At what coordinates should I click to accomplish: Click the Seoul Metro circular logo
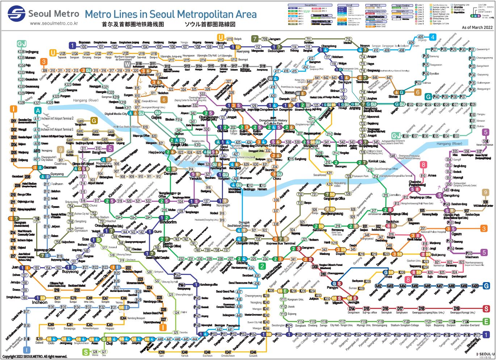(x=17, y=14)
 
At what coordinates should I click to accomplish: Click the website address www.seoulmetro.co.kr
(x=54, y=23)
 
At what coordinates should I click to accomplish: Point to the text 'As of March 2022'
(x=477, y=28)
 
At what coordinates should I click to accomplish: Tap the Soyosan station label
(x=84, y=42)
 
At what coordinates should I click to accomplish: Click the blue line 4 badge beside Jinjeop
(x=432, y=37)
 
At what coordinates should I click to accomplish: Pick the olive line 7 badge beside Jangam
(x=255, y=39)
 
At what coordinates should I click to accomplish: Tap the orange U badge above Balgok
(x=220, y=37)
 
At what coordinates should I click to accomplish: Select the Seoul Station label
(x=224, y=148)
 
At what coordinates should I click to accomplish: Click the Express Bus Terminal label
(x=281, y=243)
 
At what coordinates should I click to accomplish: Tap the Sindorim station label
(x=168, y=222)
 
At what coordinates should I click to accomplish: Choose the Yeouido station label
(x=196, y=179)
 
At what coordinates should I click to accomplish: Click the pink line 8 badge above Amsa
(x=423, y=165)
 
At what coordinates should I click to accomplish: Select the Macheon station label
(x=472, y=257)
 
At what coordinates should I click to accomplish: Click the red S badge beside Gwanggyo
(x=487, y=309)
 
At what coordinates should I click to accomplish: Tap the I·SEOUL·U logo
(x=485, y=354)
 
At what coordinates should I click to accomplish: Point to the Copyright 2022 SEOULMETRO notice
(x=35, y=357)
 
